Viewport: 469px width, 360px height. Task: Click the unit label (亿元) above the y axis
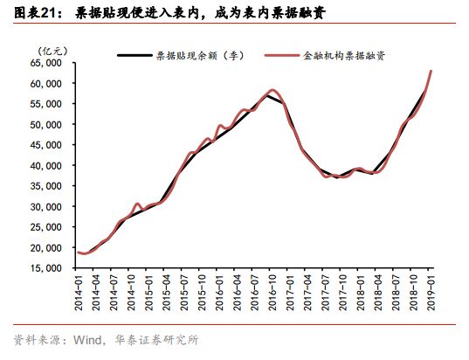pos(51,51)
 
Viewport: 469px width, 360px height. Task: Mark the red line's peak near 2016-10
pos(272,90)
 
